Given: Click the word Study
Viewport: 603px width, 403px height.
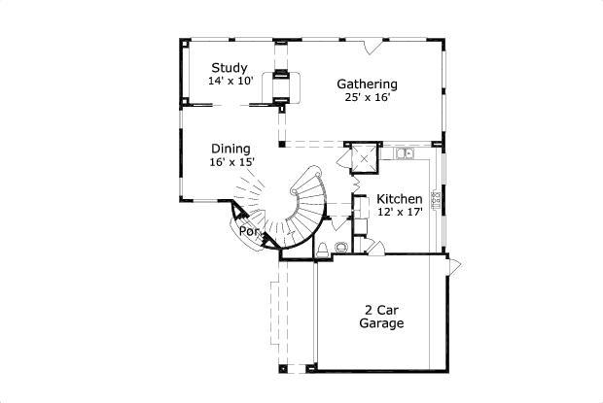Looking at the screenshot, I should tap(231, 68).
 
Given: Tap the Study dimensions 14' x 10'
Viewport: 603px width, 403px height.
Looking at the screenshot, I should tap(231, 82).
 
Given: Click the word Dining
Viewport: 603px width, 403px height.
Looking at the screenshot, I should tap(231, 149).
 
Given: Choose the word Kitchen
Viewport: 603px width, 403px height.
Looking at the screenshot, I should tap(399, 198).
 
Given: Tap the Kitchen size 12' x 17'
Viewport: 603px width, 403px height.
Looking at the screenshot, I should tap(399, 213).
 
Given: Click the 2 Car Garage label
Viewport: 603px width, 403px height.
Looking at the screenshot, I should tap(381, 316).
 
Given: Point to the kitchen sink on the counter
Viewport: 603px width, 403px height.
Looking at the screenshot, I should tap(405, 152).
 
